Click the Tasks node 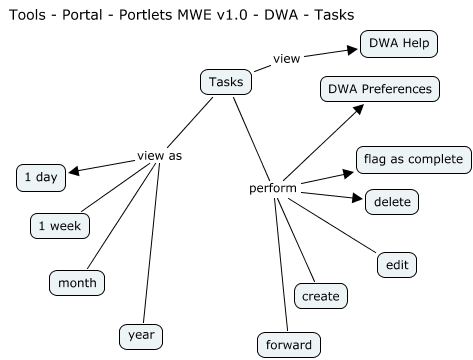(x=225, y=81)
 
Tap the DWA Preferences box (x=380, y=89)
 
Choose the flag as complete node (x=413, y=159)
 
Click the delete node (x=391, y=202)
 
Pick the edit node (x=395, y=265)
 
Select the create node (x=320, y=295)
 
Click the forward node (x=288, y=345)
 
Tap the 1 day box (x=40, y=178)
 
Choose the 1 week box (x=60, y=226)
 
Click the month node (x=77, y=283)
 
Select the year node (x=140, y=335)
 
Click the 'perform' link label (x=271, y=188)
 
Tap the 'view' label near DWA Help (x=287, y=59)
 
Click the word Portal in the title (x=82, y=14)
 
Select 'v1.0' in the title (x=220, y=14)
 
